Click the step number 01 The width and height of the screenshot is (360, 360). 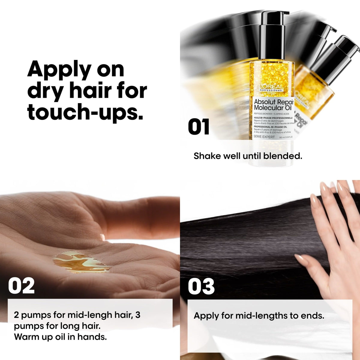199,127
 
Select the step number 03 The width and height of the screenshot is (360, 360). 201,286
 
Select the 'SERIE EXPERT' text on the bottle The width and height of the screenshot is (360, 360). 264,137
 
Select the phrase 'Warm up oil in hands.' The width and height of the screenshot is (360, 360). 60,337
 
